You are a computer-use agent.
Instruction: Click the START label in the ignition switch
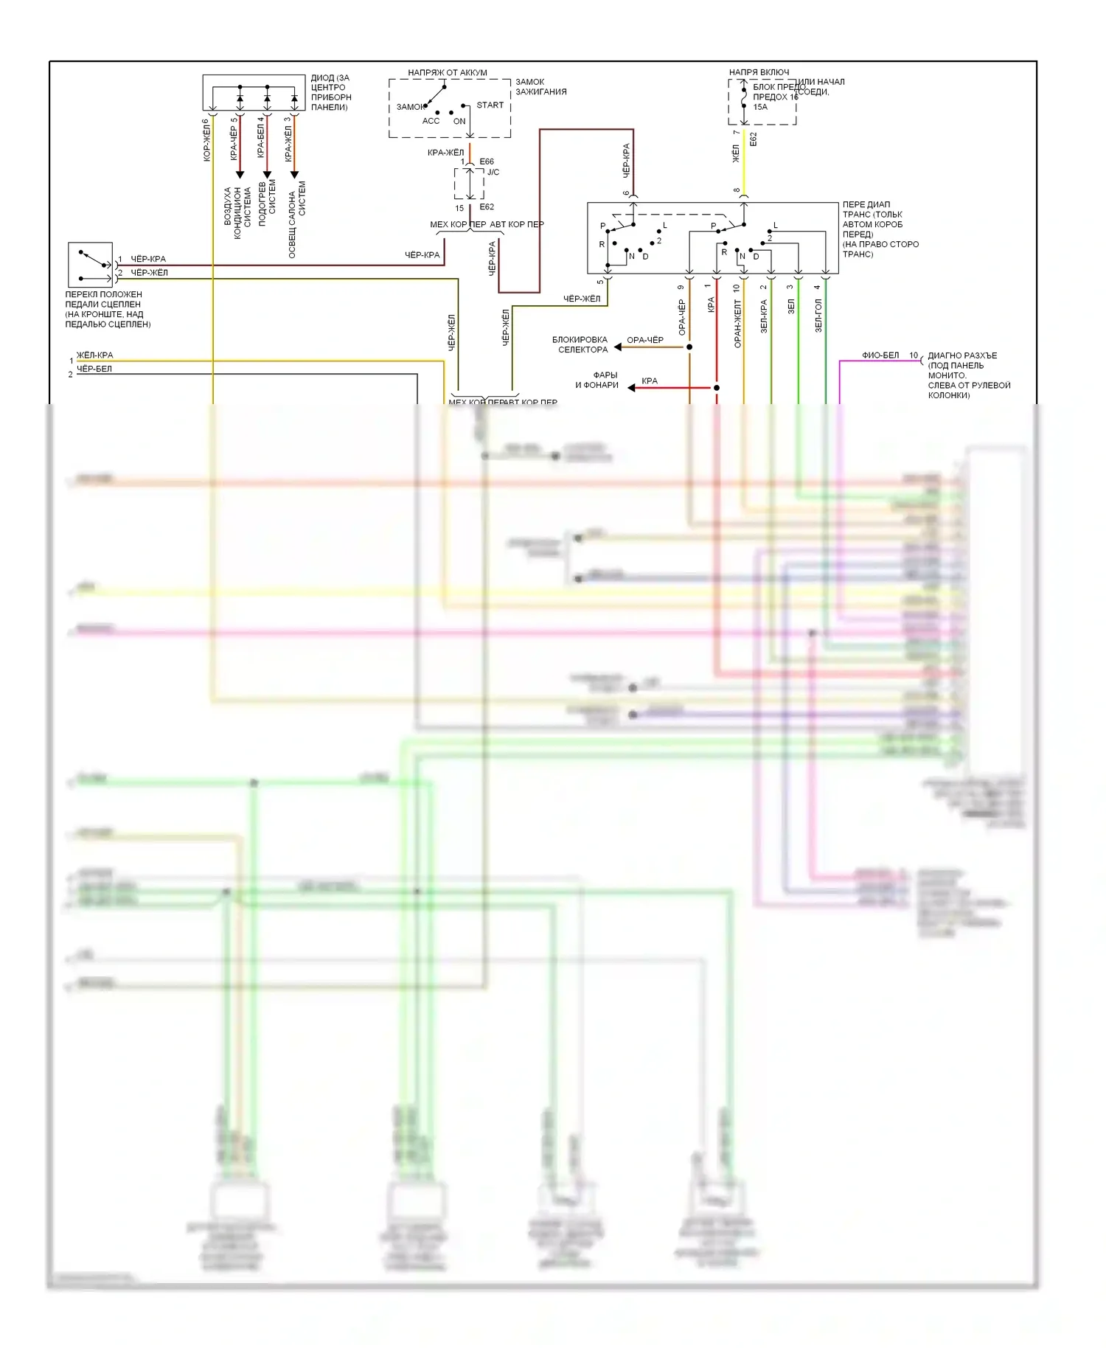pos(490,105)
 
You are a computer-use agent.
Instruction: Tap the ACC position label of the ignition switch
pos(431,121)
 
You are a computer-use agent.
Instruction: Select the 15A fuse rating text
pos(760,107)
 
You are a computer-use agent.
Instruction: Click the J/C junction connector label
pos(493,172)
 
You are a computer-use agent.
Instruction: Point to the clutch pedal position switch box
pos(90,264)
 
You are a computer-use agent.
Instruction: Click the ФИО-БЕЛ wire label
pos(880,355)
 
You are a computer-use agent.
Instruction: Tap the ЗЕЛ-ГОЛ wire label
pos(818,316)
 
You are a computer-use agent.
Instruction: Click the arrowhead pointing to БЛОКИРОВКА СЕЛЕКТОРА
pos(618,347)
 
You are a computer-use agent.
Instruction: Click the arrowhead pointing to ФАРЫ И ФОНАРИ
pos(631,387)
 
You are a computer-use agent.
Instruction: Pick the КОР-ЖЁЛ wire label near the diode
pos(206,140)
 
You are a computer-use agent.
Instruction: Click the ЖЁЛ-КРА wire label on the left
pos(95,355)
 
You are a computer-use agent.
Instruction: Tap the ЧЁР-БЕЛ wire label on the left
pos(94,369)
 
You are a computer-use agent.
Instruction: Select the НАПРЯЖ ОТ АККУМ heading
pos(448,73)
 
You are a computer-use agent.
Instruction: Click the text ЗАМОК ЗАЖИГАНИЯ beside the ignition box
pos(540,87)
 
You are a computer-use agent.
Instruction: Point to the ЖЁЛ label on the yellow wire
pos(736,153)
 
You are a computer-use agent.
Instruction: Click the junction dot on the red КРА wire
pos(717,387)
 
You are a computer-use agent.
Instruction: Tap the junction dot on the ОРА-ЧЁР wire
pos(689,347)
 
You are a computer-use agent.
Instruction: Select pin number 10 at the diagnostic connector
pos(914,355)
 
